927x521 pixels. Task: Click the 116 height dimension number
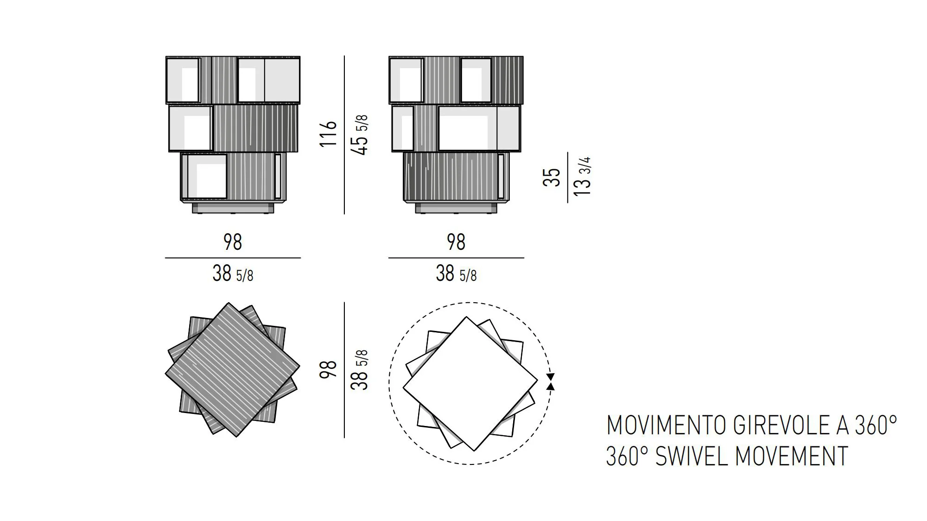pos(328,134)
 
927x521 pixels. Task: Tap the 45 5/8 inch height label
pos(360,134)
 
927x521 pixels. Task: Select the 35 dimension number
pos(552,178)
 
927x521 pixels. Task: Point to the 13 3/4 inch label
pos(583,176)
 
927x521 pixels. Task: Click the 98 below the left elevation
pos(233,242)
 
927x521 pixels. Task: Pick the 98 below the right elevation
pos(456,242)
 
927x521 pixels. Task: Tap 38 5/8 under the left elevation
pos(233,273)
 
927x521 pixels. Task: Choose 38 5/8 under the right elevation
pos(456,273)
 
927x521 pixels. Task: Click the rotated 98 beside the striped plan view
pos(328,369)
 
